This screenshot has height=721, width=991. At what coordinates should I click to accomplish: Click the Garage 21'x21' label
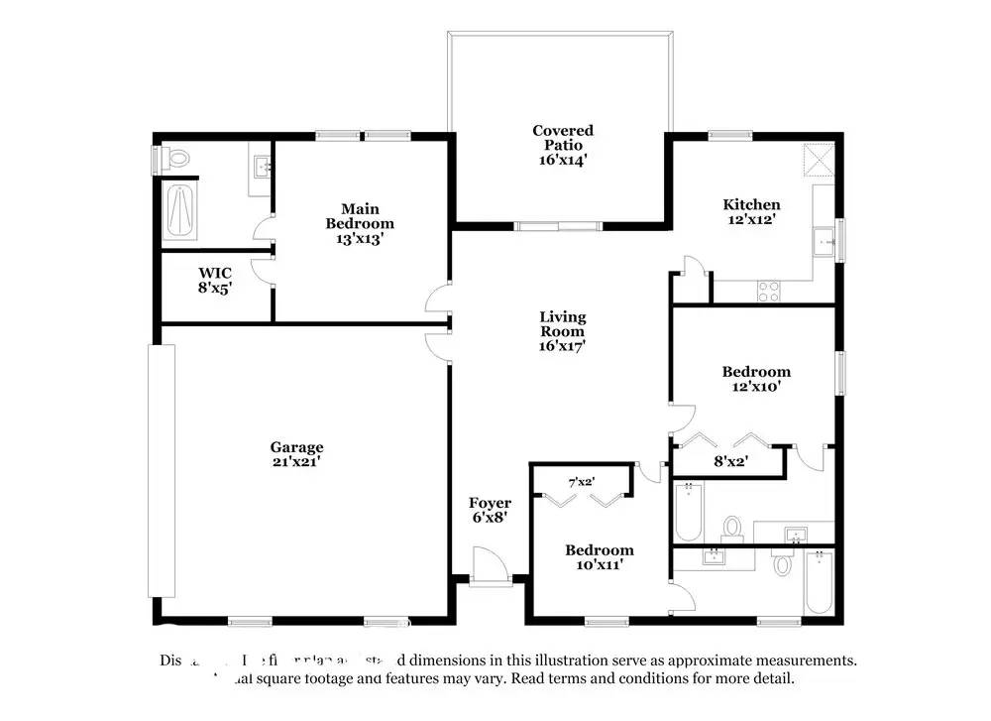click(x=297, y=454)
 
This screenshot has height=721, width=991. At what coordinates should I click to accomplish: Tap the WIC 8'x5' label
click(x=215, y=280)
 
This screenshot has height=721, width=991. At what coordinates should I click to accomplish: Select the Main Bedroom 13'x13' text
click(x=360, y=223)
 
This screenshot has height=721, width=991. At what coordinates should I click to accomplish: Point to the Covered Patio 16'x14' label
click(x=563, y=145)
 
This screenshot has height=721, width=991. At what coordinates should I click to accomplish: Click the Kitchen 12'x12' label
click(x=750, y=212)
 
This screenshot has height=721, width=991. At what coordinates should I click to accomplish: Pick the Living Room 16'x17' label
click(x=563, y=331)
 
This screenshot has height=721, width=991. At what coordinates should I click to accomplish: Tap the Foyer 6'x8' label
click(x=490, y=510)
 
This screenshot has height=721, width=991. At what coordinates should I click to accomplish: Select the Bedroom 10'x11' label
click(x=600, y=557)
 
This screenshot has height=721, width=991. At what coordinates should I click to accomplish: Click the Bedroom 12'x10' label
click(x=756, y=380)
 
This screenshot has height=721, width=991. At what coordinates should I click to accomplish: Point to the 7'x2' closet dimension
click(x=580, y=482)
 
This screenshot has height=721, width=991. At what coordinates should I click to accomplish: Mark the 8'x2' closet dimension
click(x=731, y=459)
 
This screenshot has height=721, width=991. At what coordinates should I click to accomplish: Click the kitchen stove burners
click(x=769, y=291)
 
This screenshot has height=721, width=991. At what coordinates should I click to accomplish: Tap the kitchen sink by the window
click(x=823, y=240)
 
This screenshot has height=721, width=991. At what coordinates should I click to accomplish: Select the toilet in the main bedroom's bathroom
click(x=175, y=158)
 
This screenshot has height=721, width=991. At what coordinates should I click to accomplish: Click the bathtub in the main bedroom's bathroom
click(x=180, y=210)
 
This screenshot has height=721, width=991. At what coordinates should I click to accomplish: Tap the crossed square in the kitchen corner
click(x=819, y=158)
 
